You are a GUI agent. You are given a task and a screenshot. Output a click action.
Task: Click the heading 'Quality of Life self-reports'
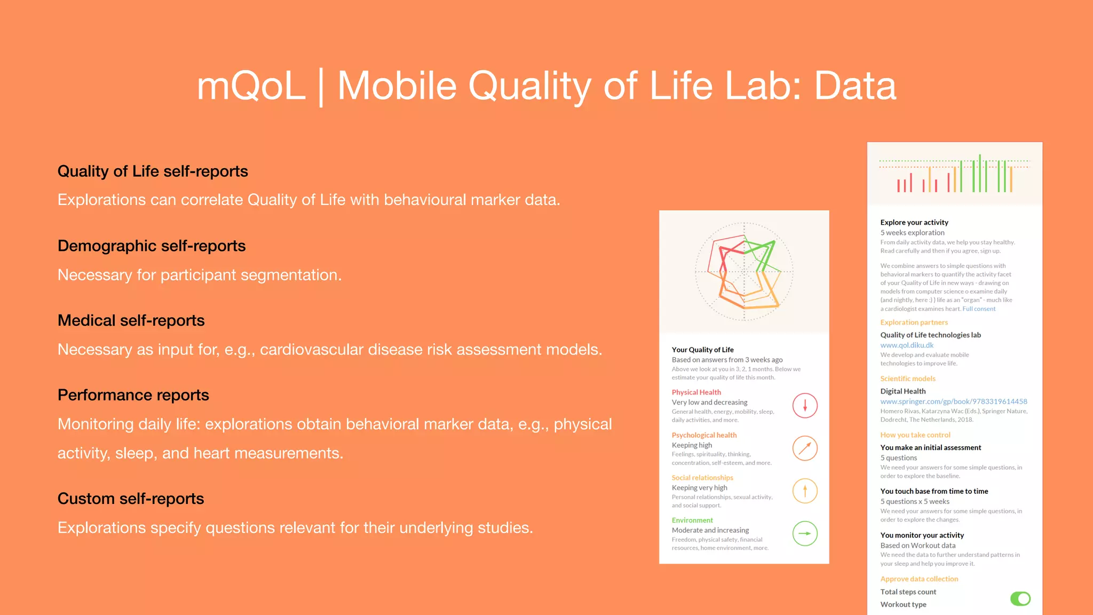click(153, 171)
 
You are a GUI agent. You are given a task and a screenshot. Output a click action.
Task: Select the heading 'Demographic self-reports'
click(152, 246)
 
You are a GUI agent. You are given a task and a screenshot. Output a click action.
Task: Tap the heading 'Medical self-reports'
click(131, 320)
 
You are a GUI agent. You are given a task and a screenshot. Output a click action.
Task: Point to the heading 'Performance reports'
click(133, 395)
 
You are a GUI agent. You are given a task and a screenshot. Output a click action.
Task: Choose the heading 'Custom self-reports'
click(131, 499)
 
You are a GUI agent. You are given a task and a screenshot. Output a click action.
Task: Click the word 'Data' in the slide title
click(855, 86)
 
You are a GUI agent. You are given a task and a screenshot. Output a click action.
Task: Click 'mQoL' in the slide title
click(251, 86)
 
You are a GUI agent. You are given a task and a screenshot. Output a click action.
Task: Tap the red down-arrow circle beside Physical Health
click(805, 406)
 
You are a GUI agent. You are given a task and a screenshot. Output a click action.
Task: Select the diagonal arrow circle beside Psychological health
click(805, 448)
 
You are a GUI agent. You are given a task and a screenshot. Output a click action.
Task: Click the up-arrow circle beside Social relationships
click(805, 491)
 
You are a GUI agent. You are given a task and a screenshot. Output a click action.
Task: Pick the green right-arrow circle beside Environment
click(805, 533)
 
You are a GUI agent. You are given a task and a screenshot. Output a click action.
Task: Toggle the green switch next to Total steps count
click(1020, 598)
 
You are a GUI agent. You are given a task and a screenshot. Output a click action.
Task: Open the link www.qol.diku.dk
click(907, 345)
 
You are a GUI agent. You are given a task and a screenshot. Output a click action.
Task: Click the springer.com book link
click(953, 401)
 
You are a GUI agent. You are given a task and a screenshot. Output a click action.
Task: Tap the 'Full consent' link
click(979, 309)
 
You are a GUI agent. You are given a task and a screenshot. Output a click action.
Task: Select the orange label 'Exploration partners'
click(914, 322)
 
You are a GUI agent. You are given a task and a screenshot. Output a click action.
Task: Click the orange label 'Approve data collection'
click(919, 579)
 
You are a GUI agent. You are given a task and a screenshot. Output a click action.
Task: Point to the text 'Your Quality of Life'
click(702, 350)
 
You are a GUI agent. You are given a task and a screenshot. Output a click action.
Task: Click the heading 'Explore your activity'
click(914, 223)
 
